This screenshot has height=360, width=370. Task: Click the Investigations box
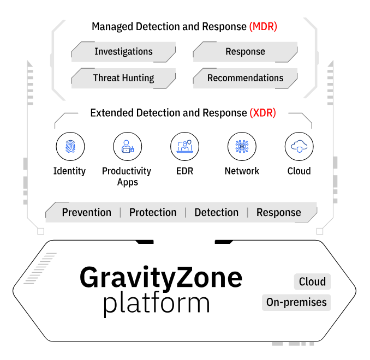(x=123, y=52)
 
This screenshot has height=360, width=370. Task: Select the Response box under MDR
(x=245, y=52)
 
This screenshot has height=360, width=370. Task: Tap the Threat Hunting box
(x=123, y=78)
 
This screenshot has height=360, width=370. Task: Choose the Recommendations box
(x=245, y=78)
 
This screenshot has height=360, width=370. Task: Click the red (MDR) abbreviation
(x=263, y=26)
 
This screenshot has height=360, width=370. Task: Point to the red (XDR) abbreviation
(x=262, y=113)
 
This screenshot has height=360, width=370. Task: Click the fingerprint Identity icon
(x=70, y=146)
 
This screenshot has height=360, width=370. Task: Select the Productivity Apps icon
(x=127, y=146)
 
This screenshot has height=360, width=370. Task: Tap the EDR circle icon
(x=184, y=146)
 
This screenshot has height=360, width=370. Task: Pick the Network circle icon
(x=242, y=146)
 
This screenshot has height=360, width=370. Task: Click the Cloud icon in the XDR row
(x=299, y=146)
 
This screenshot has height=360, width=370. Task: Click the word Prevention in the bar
(x=86, y=212)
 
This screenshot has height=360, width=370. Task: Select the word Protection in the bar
(x=153, y=212)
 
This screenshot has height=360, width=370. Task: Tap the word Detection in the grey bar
(x=216, y=212)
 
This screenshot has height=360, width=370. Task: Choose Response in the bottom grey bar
(x=278, y=212)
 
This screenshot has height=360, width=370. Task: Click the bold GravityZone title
(x=161, y=278)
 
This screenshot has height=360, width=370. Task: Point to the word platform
(x=157, y=303)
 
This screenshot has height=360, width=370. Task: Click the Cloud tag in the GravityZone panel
(x=312, y=282)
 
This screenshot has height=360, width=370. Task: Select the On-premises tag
(x=296, y=302)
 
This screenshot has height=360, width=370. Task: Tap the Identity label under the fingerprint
(x=69, y=171)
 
